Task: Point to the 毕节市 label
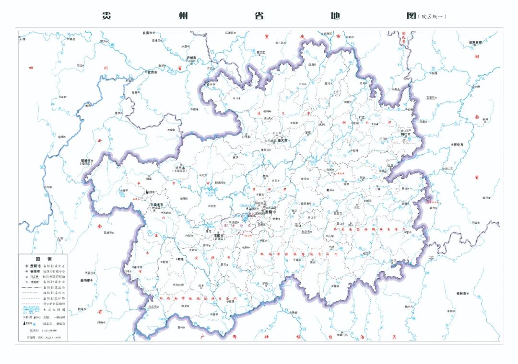[x=180, y=168]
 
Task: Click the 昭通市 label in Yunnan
[x=88, y=160]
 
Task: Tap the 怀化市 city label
[x=459, y=144]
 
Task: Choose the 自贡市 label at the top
[x=147, y=33]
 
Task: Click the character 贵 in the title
[x=107, y=15]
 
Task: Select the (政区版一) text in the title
[x=432, y=16]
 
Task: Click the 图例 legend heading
[x=43, y=258]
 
